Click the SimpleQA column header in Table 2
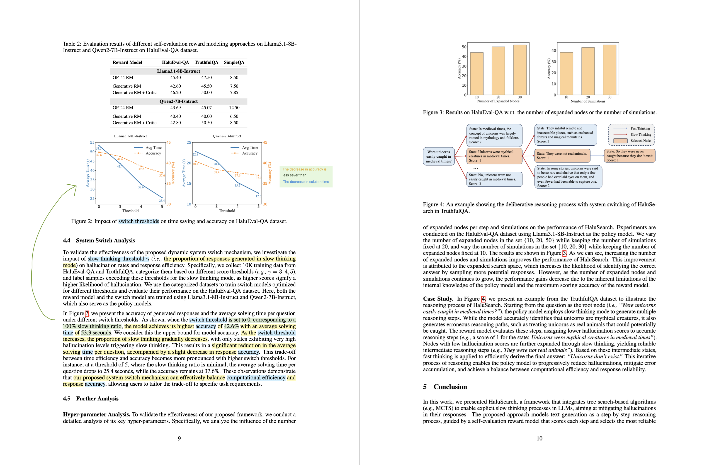(x=234, y=62)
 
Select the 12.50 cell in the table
(x=234, y=108)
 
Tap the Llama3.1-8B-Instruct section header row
(x=178, y=71)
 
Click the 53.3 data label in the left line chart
(x=99, y=149)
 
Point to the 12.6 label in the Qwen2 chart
(x=258, y=196)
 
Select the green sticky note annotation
(x=306, y=176)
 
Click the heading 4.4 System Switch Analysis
(x=99, y=240)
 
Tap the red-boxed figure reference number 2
(x=87, y=313)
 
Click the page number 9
(x=179, y=438)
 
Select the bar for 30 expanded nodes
(x=520, y=70)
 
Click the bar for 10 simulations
(x=566, y=74)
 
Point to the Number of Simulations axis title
(x=588, y=101)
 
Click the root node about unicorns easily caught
(x=438, y=157)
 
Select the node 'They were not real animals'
(x=562, y=156)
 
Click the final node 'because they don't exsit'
(x=629, y=156)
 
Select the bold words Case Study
(x=438, y=299)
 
